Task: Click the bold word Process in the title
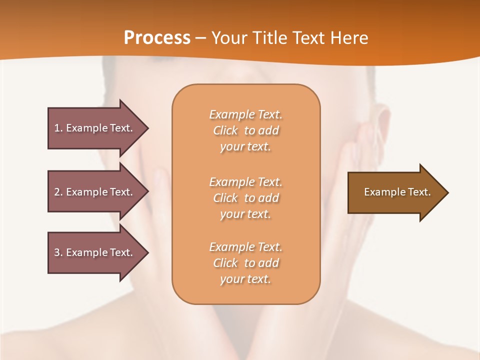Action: (x=157, y=38)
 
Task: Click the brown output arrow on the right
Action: (x=397, y=192)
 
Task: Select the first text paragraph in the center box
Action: (x=245, y=130)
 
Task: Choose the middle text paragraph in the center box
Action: (x=245, y=198)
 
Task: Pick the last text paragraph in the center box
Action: (x=245, y=263)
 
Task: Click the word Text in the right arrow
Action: (x=419, y=192)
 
